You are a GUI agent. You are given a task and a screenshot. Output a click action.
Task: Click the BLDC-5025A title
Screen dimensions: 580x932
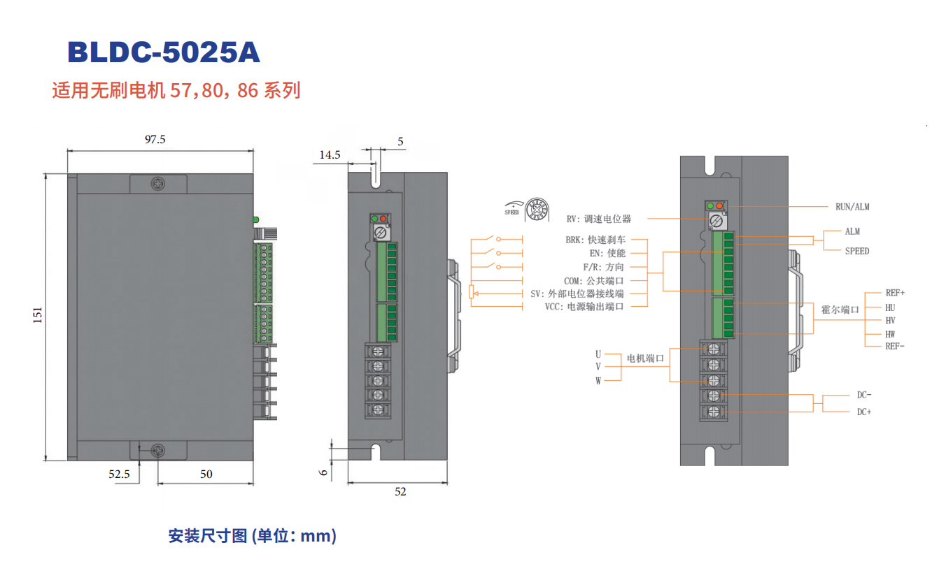pos(164,53)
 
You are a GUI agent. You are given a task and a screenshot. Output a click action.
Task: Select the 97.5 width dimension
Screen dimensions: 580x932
pos(155,139)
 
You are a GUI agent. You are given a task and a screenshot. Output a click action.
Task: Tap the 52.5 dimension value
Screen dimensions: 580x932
pos(119,474)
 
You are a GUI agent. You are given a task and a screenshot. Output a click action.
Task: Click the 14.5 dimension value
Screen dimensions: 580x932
pos(330,154)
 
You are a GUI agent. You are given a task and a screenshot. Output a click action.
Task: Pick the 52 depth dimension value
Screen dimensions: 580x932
pos(400,491)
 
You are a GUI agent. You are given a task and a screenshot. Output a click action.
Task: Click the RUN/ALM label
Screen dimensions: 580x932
pos(852,207)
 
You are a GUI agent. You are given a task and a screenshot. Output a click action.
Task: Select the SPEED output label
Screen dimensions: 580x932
pos(856,251)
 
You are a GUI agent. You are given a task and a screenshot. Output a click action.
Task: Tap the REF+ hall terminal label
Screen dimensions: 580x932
pos(895,293)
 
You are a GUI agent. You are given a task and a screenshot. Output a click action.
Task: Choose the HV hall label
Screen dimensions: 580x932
pos(890,320)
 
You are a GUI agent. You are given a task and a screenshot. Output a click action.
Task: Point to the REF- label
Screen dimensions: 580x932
pos(895,346)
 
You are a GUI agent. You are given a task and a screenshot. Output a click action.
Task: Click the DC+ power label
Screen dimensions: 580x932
pos(864,412)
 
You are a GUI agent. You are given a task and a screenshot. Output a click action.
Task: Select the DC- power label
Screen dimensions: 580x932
pos(864,395)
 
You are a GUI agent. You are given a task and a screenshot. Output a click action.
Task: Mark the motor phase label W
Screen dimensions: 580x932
pos(598,381)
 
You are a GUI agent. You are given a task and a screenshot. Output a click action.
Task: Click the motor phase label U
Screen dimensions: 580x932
pos(598,354)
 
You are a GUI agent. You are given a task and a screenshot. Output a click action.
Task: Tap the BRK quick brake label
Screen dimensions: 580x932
pos(595,240)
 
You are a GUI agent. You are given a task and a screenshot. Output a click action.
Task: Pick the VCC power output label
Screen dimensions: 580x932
pos(584,306)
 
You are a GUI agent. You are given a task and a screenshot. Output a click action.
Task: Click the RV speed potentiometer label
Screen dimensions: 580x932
pos(599,219)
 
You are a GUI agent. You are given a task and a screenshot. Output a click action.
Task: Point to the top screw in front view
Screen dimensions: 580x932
pos(158,184)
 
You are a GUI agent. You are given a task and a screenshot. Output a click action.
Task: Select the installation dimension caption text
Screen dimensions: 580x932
pos(253,536)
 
